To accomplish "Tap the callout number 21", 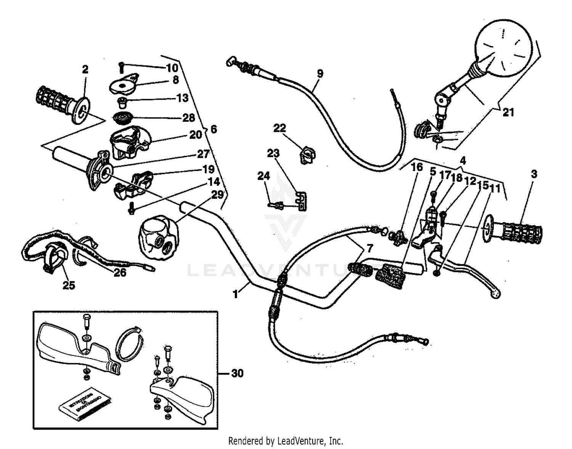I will [508, 112].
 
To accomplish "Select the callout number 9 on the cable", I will [320, 73].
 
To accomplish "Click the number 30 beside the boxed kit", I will [237, 373].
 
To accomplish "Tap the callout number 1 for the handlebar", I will [235, 294].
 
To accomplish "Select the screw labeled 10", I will [121, 67].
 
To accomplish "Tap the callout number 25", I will [69, 285].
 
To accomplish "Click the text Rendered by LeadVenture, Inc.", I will [285, 441].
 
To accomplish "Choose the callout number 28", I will [188, 118].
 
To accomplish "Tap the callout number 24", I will [264, 176].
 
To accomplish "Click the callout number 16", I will [417, 167].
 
